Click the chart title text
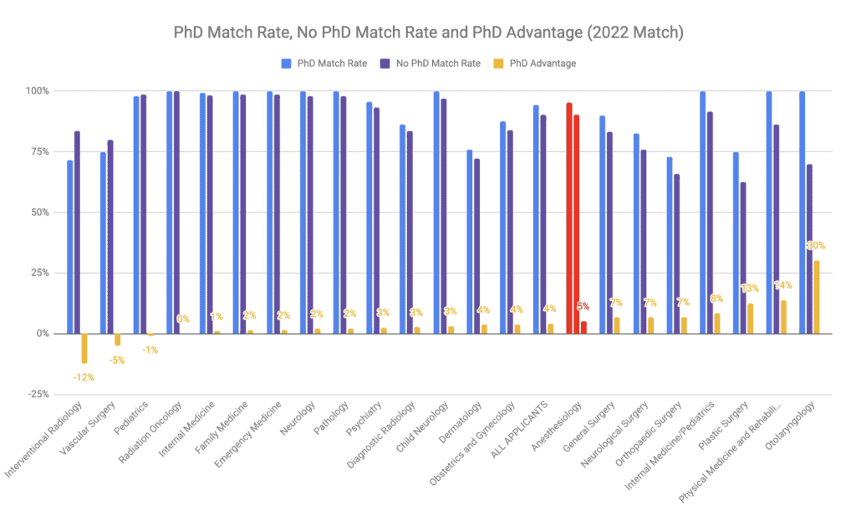click(x=427, y=33)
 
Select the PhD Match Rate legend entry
click(x=324, y=63)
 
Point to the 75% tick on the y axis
click(x=38, y=151)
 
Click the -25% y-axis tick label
click(x=36, y=395)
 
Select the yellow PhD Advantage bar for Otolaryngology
click(x=817, y=297)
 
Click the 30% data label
click(x=816, y=245)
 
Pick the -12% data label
click(x=84, y=377)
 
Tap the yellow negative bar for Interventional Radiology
click(x=84, y=348)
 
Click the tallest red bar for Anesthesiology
click(x=569, y=218)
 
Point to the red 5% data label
click(x=583, y=307)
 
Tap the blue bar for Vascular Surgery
click(x=104, y=243)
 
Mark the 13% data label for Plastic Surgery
click(x=749, y=289)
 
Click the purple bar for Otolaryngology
click(x=809, y=248)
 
